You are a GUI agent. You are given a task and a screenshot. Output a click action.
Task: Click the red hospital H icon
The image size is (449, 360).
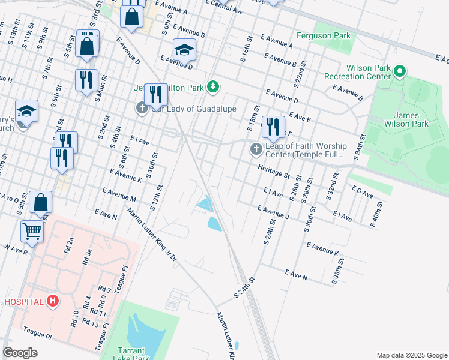click(53, 301)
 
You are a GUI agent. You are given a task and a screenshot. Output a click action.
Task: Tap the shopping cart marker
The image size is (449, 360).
click(32, 230)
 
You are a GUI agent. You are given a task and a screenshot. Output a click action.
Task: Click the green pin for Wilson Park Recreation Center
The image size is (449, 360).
click(399, 73)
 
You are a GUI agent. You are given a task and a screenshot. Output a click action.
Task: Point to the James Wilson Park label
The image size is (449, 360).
click(411, 119)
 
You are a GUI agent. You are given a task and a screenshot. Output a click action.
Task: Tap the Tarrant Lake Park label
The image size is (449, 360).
click(131, 355)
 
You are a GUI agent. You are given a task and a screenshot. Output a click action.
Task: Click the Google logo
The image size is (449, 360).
click(20, 353)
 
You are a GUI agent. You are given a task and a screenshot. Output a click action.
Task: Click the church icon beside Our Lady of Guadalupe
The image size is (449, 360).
click(142, 109)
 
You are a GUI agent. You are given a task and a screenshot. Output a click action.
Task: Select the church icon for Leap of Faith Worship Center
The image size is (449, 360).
click(255, 148)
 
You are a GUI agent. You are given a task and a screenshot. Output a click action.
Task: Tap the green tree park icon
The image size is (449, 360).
click(212, 88)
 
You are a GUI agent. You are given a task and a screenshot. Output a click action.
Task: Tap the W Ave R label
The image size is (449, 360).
click(16, 249)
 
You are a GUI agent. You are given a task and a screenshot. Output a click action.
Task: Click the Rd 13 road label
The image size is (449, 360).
click(90, 323)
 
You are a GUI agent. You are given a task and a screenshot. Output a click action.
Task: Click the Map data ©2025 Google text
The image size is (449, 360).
click(411, 355)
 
